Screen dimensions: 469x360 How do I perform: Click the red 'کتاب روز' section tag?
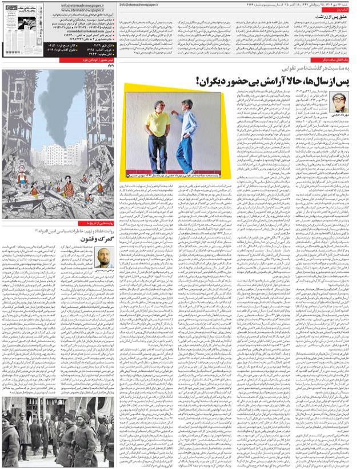click(343, 10)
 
